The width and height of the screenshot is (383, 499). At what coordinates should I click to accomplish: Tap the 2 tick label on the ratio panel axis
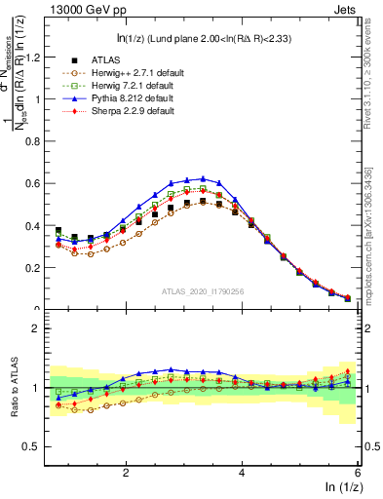pyautogui.click(x=36, y=328)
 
